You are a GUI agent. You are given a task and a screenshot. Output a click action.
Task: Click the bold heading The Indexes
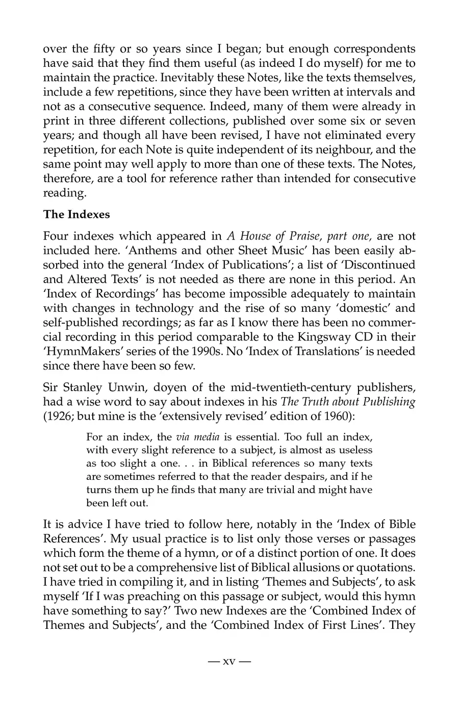pyautogui.click(x=76, y=214)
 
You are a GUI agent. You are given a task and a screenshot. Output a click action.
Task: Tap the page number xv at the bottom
pyautogui.click(x=229, y=662)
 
